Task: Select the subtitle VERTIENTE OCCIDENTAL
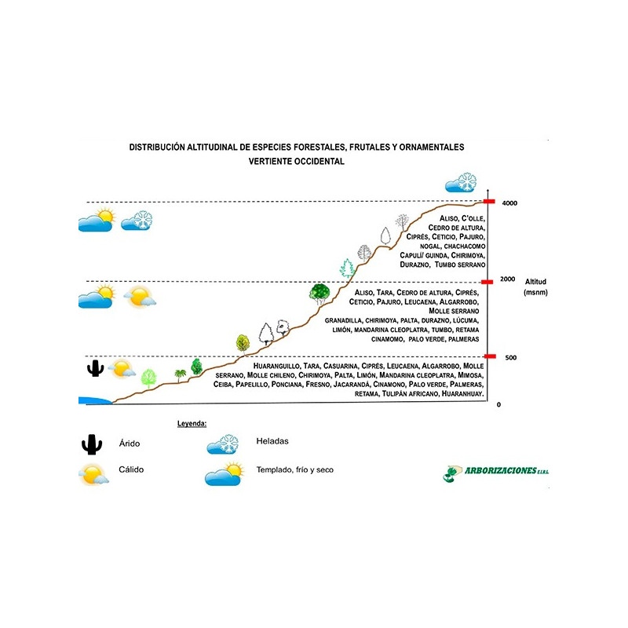(296, 161)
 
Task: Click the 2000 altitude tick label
(508, 279)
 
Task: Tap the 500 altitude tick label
(510, 358)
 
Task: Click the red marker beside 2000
(487, 281)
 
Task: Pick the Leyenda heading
(192, 423)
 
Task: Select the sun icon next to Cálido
(93, 474)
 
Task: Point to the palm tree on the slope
(181, 375)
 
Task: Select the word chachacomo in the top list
(466, 246)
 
